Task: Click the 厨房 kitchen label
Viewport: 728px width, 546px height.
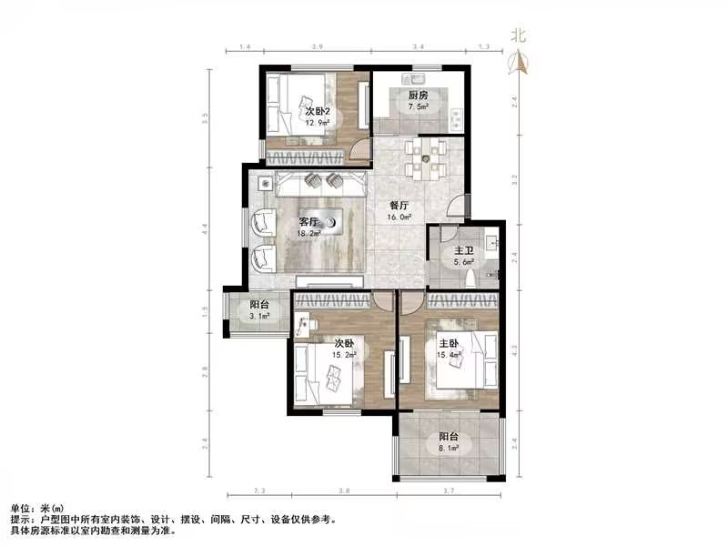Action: tap(418, 95)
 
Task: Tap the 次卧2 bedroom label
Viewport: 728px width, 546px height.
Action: tap(317, 111)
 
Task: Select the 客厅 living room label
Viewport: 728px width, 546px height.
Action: tap(309, 221)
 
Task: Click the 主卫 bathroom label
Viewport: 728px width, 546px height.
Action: tap(464, 250)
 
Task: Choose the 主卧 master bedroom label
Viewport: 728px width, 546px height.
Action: tap(450, 343)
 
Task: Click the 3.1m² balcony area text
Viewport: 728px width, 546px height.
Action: tap(259, 317)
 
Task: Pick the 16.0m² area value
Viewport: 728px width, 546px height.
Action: tap(400, 217)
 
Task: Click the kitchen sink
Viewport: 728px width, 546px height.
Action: tap(421, 74)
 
